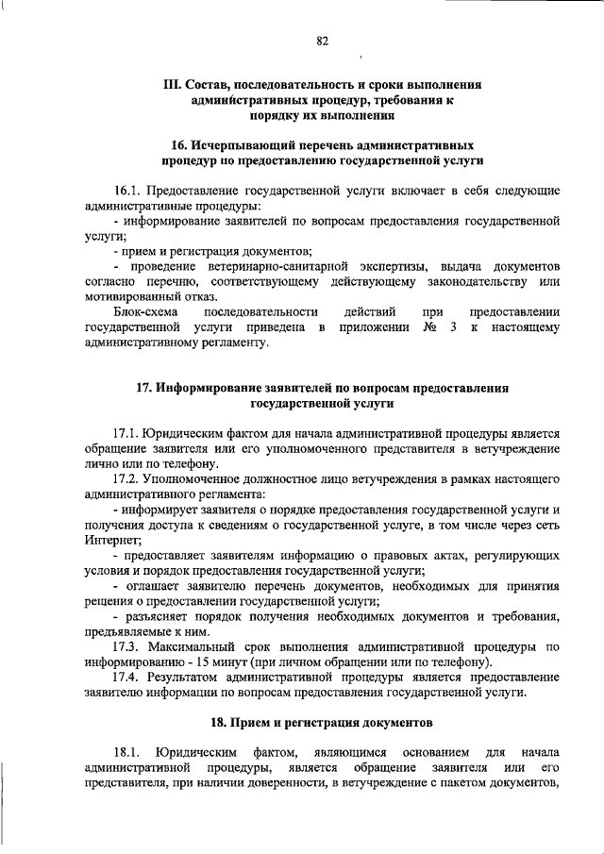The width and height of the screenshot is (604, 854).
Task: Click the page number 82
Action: point(322,40)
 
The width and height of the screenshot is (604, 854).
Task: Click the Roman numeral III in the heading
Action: point(173,84)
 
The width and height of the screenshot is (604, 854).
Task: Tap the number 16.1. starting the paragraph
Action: point(127,191)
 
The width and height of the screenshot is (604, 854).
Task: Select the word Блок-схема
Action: point(143,312)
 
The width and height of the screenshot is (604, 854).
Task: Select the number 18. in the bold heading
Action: point(222,723)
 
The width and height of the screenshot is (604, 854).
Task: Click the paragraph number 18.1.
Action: point(127,752)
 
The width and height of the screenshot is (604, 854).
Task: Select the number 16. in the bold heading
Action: point(180,145)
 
